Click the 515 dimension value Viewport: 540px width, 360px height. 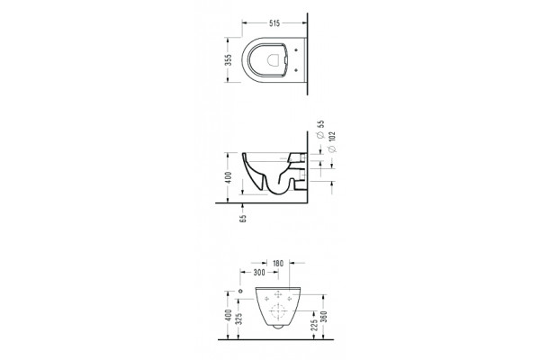pos(274,23)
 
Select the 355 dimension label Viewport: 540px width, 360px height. pos(228,60)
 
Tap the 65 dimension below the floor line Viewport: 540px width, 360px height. pos(243,219)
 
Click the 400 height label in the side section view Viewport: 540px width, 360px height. pos(229,177)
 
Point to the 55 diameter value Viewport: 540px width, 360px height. pos(320,124)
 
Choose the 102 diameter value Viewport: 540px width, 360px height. pos(332,137)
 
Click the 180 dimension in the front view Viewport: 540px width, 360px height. pos(278,264)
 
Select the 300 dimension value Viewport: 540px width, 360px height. pos(259,273)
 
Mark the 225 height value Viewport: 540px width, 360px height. pos(314,325)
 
